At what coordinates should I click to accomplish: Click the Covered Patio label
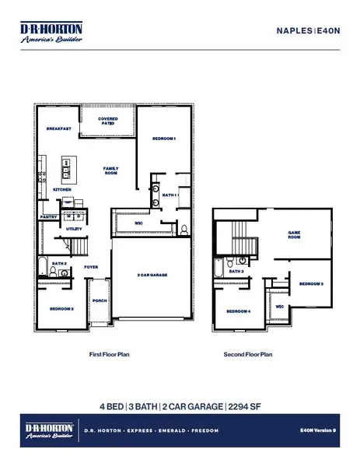tap(107, 121)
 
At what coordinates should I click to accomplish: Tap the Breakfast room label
tap(59, 128)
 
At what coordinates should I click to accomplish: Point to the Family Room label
tap(110, 170)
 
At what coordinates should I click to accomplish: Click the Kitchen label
tap(61, 190)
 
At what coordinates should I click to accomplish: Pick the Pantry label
tap(48, 218)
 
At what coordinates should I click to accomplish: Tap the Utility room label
tap(74, 230)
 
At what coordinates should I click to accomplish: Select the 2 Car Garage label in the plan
tap(153, 276)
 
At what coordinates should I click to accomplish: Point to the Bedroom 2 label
tap(63, 309)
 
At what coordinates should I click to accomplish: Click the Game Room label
tap(295, 233)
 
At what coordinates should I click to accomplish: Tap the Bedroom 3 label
tap(311, 284)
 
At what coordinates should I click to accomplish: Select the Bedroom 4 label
tap(238, 312)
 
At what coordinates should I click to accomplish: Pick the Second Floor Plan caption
tap(248, 354)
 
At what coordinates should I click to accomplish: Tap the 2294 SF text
tap(243, 406)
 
